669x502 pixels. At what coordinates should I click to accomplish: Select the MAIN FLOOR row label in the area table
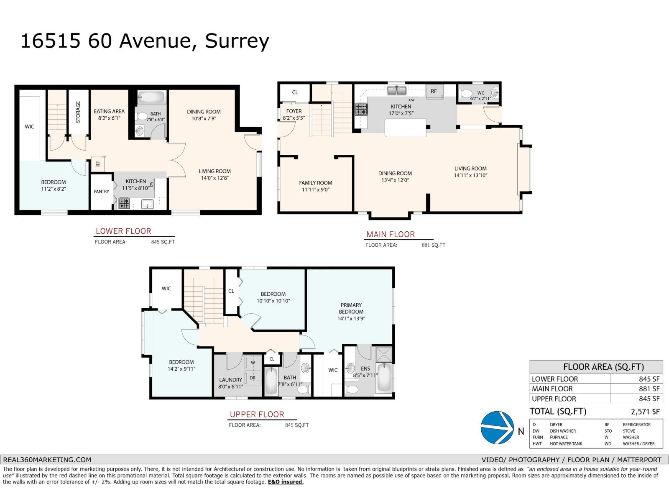(552, 389)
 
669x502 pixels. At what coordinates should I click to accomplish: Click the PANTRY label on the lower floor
(101, 192)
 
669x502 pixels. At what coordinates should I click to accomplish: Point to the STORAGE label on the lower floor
(78, 112)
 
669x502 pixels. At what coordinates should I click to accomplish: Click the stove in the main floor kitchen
(361, 110)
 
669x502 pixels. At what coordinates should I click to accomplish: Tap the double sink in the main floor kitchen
(395, 90)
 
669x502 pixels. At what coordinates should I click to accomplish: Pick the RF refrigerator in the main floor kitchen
(434, 91)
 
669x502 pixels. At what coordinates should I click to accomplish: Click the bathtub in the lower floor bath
(151, 97)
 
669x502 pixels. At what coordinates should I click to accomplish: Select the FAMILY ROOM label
(315, 183)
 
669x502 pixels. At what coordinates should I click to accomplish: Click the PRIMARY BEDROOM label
(351, 308)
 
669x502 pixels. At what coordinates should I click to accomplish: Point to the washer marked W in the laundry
(253, 362)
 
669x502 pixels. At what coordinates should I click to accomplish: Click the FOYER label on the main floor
(294, 111)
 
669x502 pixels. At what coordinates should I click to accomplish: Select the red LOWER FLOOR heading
(123, 231)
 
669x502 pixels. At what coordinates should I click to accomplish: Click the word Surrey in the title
(237, 41)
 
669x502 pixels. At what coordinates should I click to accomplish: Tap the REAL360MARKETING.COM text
(46, 459)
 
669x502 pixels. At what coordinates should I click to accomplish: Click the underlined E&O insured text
(286, 482)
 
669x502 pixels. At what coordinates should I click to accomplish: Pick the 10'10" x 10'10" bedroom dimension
(273, 301)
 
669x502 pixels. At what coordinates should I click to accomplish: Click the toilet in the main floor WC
(467, 93)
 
